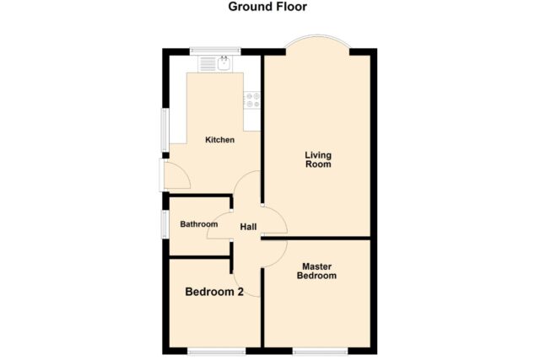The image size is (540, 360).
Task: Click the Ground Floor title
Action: point(267,7)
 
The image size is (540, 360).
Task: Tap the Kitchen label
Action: point(219,140)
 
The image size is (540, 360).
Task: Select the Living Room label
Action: point(318,159)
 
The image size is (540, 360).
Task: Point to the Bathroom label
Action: point(199,224)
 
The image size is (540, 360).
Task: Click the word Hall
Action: point(248,227)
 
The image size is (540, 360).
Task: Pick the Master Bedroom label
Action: point(316,271)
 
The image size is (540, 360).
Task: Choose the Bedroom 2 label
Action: point(214,292)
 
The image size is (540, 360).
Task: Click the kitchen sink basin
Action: point(224,63)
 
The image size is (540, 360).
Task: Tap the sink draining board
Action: point(208,64)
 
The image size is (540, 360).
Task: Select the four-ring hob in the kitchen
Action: point(252,99)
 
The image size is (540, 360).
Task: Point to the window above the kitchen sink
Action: point(215,51)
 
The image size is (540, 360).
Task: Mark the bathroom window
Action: point(165,224)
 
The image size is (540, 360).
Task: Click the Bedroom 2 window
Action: point(216,351)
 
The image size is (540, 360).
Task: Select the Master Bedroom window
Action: point(321,351)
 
